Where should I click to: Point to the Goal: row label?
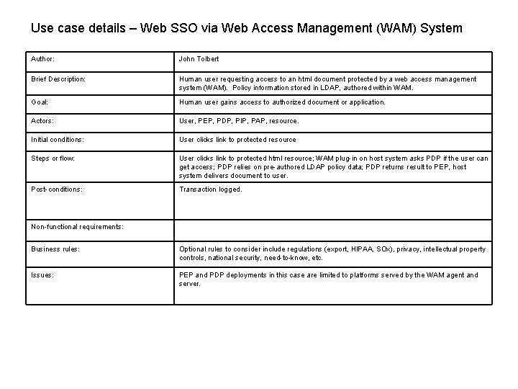pyautogui.click(x=40, y=102)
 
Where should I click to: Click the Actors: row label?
pyautogui.click(x=42, y=121)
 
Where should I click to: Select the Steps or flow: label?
pyautogui.click(x=53, y=158)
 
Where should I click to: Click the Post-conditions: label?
pyautogui.click(x=56, y=189)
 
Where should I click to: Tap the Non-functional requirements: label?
pyautogui.click(x=77, y=227)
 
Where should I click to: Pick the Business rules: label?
pyautogui.click(x=55, y=249)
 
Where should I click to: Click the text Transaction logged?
pyautogui.click(x=211, y=189)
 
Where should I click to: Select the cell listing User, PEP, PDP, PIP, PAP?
pyautogui.click(x=238, y=121)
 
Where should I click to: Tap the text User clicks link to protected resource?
pyautogui.click(x=237, y=140)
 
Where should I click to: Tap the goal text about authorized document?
pyautogui.click(x=282, y=102)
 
